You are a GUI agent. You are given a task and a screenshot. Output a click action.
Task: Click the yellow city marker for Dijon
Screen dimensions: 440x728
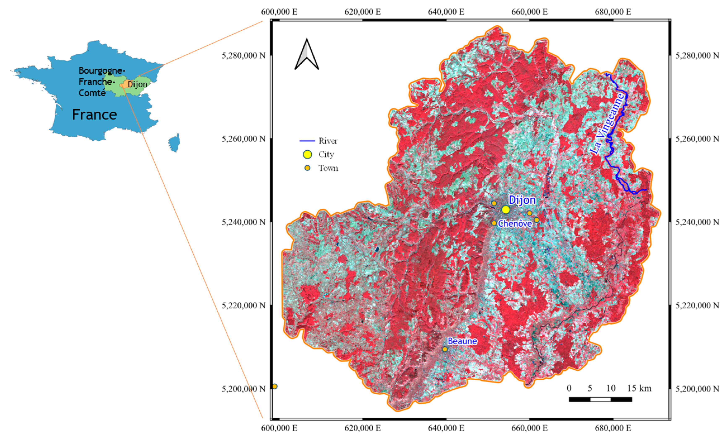point(505,209)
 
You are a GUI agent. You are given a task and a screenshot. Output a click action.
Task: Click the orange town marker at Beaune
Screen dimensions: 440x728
point(445,349)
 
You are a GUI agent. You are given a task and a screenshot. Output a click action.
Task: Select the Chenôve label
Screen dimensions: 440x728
point(515,224)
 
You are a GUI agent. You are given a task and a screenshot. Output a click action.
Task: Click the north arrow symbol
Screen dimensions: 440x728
point(307,55)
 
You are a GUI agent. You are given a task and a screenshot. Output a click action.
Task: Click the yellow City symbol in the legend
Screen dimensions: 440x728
point(307,154)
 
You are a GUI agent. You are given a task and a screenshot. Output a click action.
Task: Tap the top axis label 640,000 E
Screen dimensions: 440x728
point(446,12)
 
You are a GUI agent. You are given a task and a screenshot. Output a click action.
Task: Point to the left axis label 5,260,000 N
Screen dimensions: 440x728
point(244,139)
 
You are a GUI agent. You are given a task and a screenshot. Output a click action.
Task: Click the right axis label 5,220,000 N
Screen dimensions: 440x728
point(697,305)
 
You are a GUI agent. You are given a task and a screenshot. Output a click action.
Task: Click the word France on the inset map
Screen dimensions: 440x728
point(95,115)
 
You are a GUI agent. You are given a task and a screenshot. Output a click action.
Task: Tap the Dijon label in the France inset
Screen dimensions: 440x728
point(137,84)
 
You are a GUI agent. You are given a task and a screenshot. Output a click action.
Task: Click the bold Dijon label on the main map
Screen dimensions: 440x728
point(522,200)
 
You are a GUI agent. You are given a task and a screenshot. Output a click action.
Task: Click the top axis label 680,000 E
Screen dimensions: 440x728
point(613,12)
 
